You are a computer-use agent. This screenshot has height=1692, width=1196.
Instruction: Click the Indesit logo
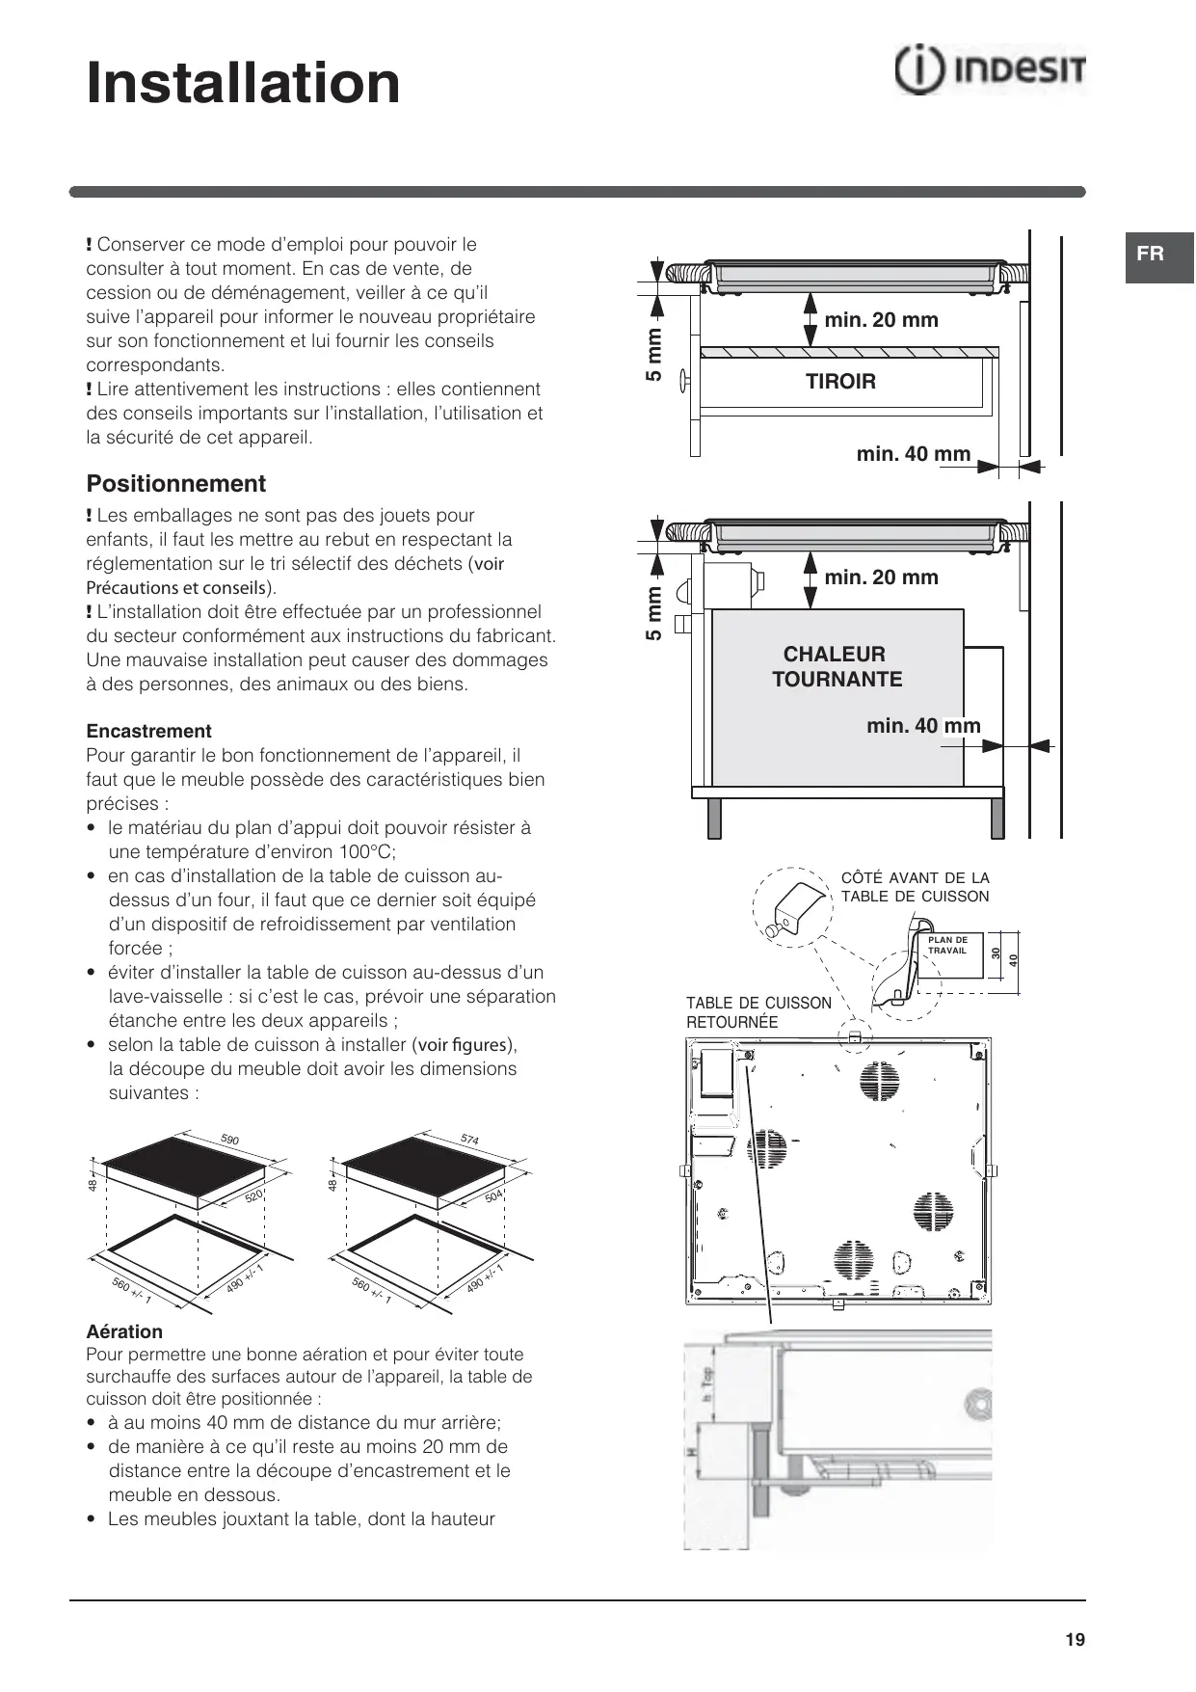tap(990, 70)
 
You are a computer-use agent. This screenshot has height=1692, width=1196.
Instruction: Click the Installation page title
tap(243, 83)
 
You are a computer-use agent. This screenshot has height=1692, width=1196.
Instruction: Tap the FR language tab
tap(1150, 255)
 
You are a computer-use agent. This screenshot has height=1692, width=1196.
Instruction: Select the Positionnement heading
tap(176, 484)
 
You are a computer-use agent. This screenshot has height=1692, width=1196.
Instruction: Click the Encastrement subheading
tap(148, 731)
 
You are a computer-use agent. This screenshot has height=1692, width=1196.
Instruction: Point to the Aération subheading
tap(124, 1331)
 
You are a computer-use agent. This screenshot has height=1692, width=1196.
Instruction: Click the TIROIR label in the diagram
tap(840, 382)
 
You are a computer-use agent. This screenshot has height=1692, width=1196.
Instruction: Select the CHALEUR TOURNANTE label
tap(837, 666)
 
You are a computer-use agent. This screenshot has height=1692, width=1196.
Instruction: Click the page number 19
tap(1076, 1640)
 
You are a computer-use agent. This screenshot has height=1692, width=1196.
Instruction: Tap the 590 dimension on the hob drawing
tap(229, 1140)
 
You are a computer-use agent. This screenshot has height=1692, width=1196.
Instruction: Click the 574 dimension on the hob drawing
tap(469, 1140)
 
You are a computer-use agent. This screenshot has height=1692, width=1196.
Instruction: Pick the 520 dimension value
tap(253, 1196)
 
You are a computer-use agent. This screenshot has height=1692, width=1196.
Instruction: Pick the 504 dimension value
tap(493, 1196)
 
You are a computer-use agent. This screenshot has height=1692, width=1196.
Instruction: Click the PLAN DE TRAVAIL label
tap(947, 945)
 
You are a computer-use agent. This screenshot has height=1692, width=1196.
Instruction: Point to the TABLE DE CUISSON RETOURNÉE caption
tap(758, 1012)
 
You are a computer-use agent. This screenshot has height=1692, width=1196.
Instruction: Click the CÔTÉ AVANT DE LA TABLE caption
tap(915, 887)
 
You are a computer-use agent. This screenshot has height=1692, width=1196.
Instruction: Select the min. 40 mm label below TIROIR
tap(913, 454)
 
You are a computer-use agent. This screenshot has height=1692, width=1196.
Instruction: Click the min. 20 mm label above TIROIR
tap(881, 320)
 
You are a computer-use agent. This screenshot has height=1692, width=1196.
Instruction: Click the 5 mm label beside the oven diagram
tap(653, 613)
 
